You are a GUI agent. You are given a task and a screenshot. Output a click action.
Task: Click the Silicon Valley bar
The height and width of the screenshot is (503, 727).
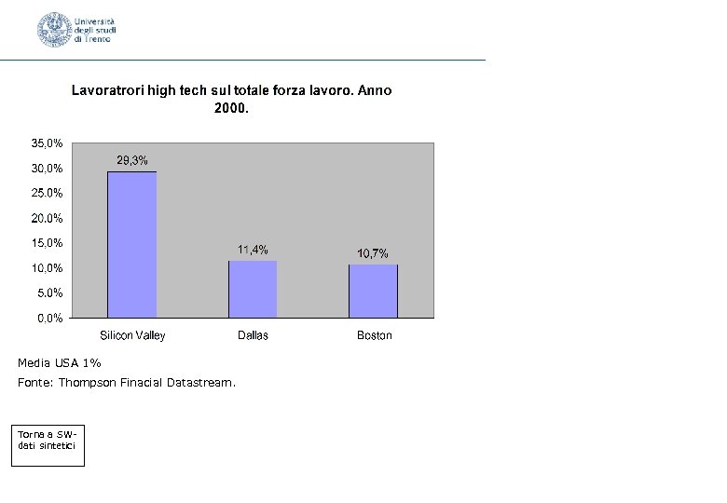pos(132,244)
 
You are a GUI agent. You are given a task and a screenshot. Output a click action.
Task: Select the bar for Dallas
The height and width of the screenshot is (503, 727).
pos(253,289)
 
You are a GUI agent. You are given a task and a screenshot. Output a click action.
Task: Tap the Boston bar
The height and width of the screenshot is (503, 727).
pos(373,291)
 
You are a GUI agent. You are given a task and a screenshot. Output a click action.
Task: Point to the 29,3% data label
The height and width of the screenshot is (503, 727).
pos(132,160)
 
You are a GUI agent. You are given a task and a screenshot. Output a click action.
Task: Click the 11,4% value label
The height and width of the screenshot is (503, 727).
pos(253,250)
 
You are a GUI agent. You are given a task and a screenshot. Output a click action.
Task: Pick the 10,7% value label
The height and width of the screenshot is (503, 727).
pos(373,253)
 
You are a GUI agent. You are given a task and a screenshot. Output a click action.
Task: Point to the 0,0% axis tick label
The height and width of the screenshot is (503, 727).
pos(51,318)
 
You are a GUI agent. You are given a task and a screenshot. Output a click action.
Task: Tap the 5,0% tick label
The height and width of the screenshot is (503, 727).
pos(51,292)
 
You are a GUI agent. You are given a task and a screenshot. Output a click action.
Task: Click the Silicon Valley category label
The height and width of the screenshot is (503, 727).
pos(132,335)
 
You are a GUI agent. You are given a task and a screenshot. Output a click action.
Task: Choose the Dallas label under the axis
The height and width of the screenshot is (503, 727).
pos(253,335)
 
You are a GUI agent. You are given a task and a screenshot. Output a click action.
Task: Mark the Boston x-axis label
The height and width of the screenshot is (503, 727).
pos(375,335)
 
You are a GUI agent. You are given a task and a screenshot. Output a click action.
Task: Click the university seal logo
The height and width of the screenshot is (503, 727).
pos(54,30)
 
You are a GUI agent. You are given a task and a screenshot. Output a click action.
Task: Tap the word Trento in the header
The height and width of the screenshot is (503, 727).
pos(96,39)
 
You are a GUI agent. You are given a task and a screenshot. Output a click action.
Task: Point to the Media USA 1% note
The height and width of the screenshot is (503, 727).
pos(59,362)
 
